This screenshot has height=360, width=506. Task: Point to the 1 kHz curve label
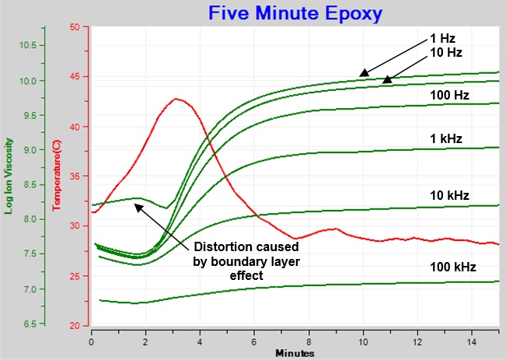445,138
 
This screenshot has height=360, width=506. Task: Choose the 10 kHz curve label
448,194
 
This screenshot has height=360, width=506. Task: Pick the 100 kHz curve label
452,267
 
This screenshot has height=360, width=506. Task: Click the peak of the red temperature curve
176,99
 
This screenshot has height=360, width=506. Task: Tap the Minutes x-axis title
295,353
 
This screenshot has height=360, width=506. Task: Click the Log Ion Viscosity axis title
9,175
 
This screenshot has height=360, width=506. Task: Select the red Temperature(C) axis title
56,175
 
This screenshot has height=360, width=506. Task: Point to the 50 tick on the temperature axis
75,27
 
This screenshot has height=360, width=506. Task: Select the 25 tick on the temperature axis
75,275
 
